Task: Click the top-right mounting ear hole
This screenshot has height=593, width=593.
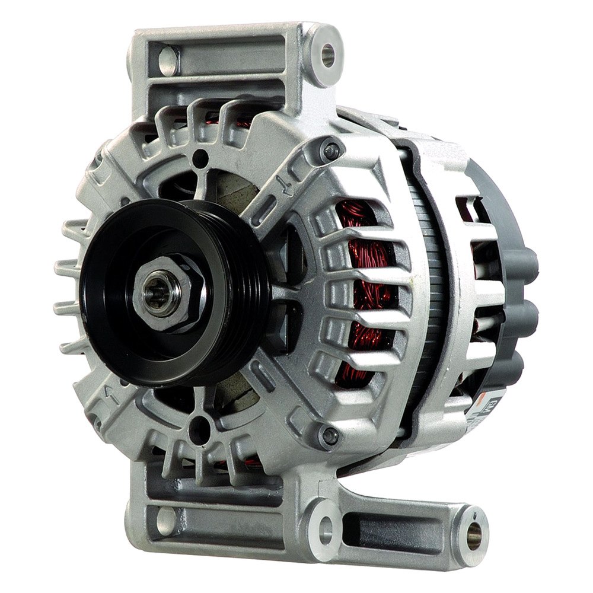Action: pyautogui.click(x=328, y=53)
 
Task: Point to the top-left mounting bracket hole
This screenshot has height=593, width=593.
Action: pyautogui.click(x=167, y=56)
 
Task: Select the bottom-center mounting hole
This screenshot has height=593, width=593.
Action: pyautogui.click(x=324, y=524)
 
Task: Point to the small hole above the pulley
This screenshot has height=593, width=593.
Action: pyautogui.click(x=202, y=159)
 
